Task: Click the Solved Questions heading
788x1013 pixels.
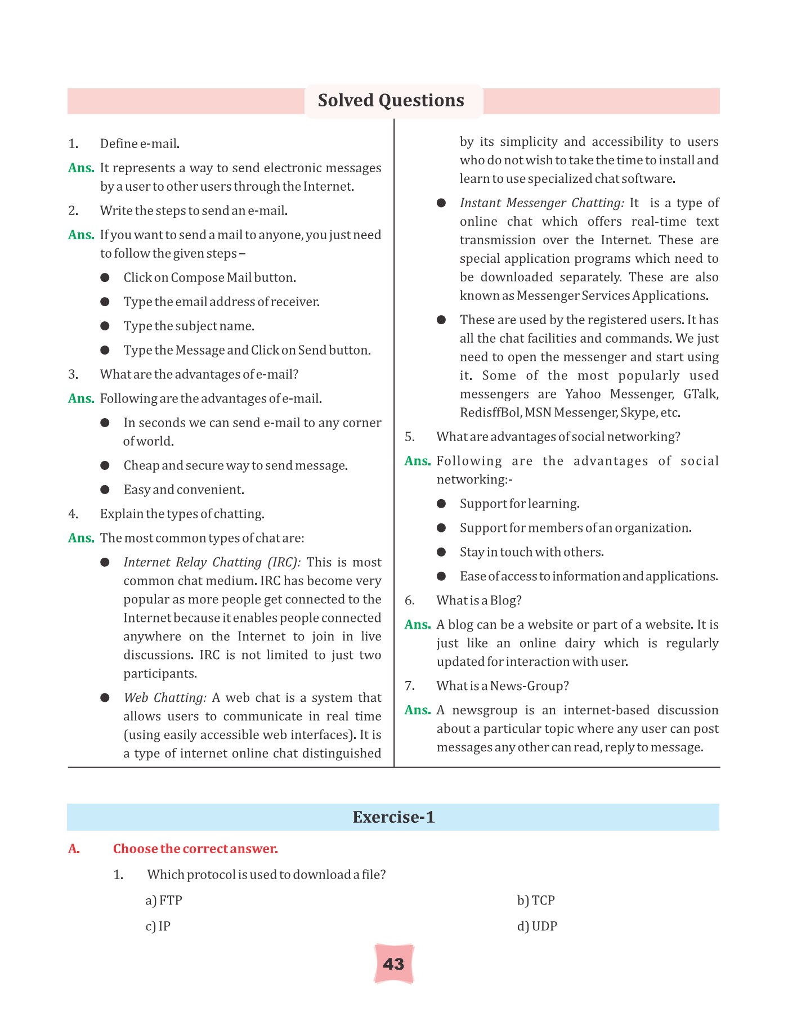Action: coord(391,101)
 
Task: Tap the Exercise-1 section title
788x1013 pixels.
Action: coord(393,817)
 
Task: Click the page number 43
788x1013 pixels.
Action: coord(393,964)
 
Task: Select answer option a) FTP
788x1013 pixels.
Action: coord(164,900)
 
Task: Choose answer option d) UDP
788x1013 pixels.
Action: coord(537,926)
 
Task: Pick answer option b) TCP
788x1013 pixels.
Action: coord(536,900)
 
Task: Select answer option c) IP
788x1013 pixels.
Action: coord(158,926)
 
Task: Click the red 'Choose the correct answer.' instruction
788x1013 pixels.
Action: coord(195,849)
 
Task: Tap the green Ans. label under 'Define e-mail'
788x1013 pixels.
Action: coord(81,168)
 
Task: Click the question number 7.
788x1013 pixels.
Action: coord(410,686)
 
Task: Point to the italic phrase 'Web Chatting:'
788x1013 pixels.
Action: coord(165,698)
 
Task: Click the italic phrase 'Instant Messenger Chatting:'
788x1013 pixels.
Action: coord(541,203)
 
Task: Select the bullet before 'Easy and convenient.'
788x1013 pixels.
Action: coord(105,490)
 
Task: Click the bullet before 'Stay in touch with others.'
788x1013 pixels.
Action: coord(441,552)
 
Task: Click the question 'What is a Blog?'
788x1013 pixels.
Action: coord(479,600)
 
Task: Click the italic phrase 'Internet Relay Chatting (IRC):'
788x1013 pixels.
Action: coord(212,562)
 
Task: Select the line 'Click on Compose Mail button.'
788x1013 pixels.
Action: coord(209,278)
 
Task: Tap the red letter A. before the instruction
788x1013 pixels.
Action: coord(74,849)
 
